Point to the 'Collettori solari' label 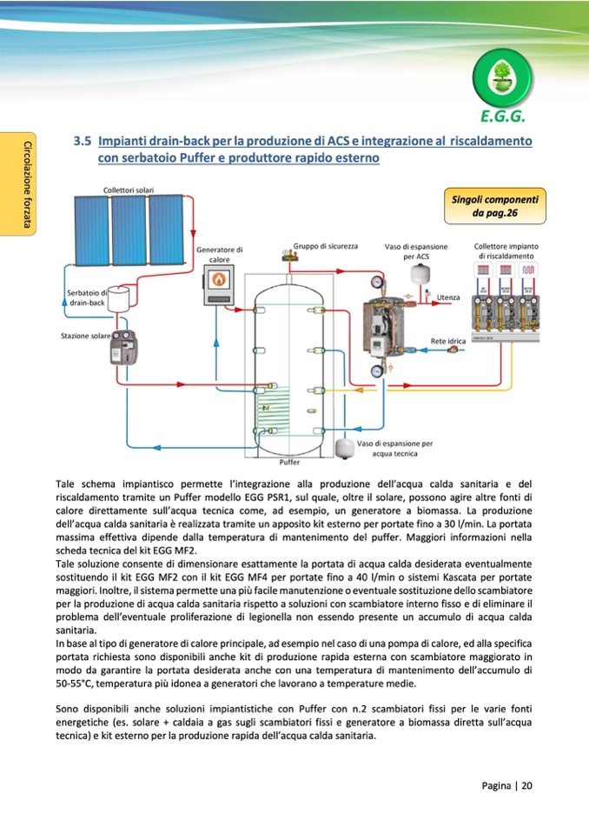click(129, 189)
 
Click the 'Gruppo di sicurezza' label click(326, 246)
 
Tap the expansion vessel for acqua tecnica click(346, 446)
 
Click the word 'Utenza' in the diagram click(448, 297)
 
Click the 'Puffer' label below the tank click(289, 463)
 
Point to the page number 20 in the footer click(526, 785)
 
